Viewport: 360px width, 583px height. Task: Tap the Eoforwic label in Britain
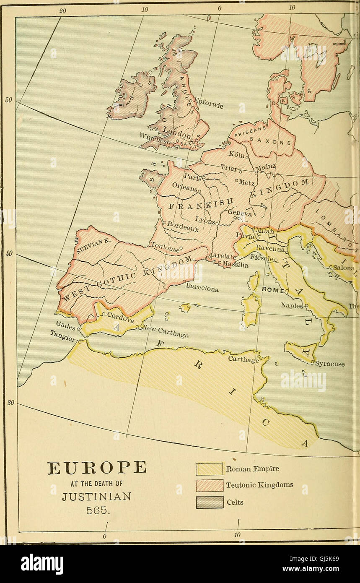tap(209, 103)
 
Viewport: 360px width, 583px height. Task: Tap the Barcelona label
tap(202, 288)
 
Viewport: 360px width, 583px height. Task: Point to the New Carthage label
tap(167, 332)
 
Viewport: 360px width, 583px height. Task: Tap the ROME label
tap(273, 290)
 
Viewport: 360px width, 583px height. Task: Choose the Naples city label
tap(292, 306)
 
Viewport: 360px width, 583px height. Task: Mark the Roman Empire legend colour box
tap(210, 469)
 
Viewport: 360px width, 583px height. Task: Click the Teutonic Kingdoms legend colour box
tap(210, 485)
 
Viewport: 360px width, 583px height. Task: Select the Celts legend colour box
tap(210, 502)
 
